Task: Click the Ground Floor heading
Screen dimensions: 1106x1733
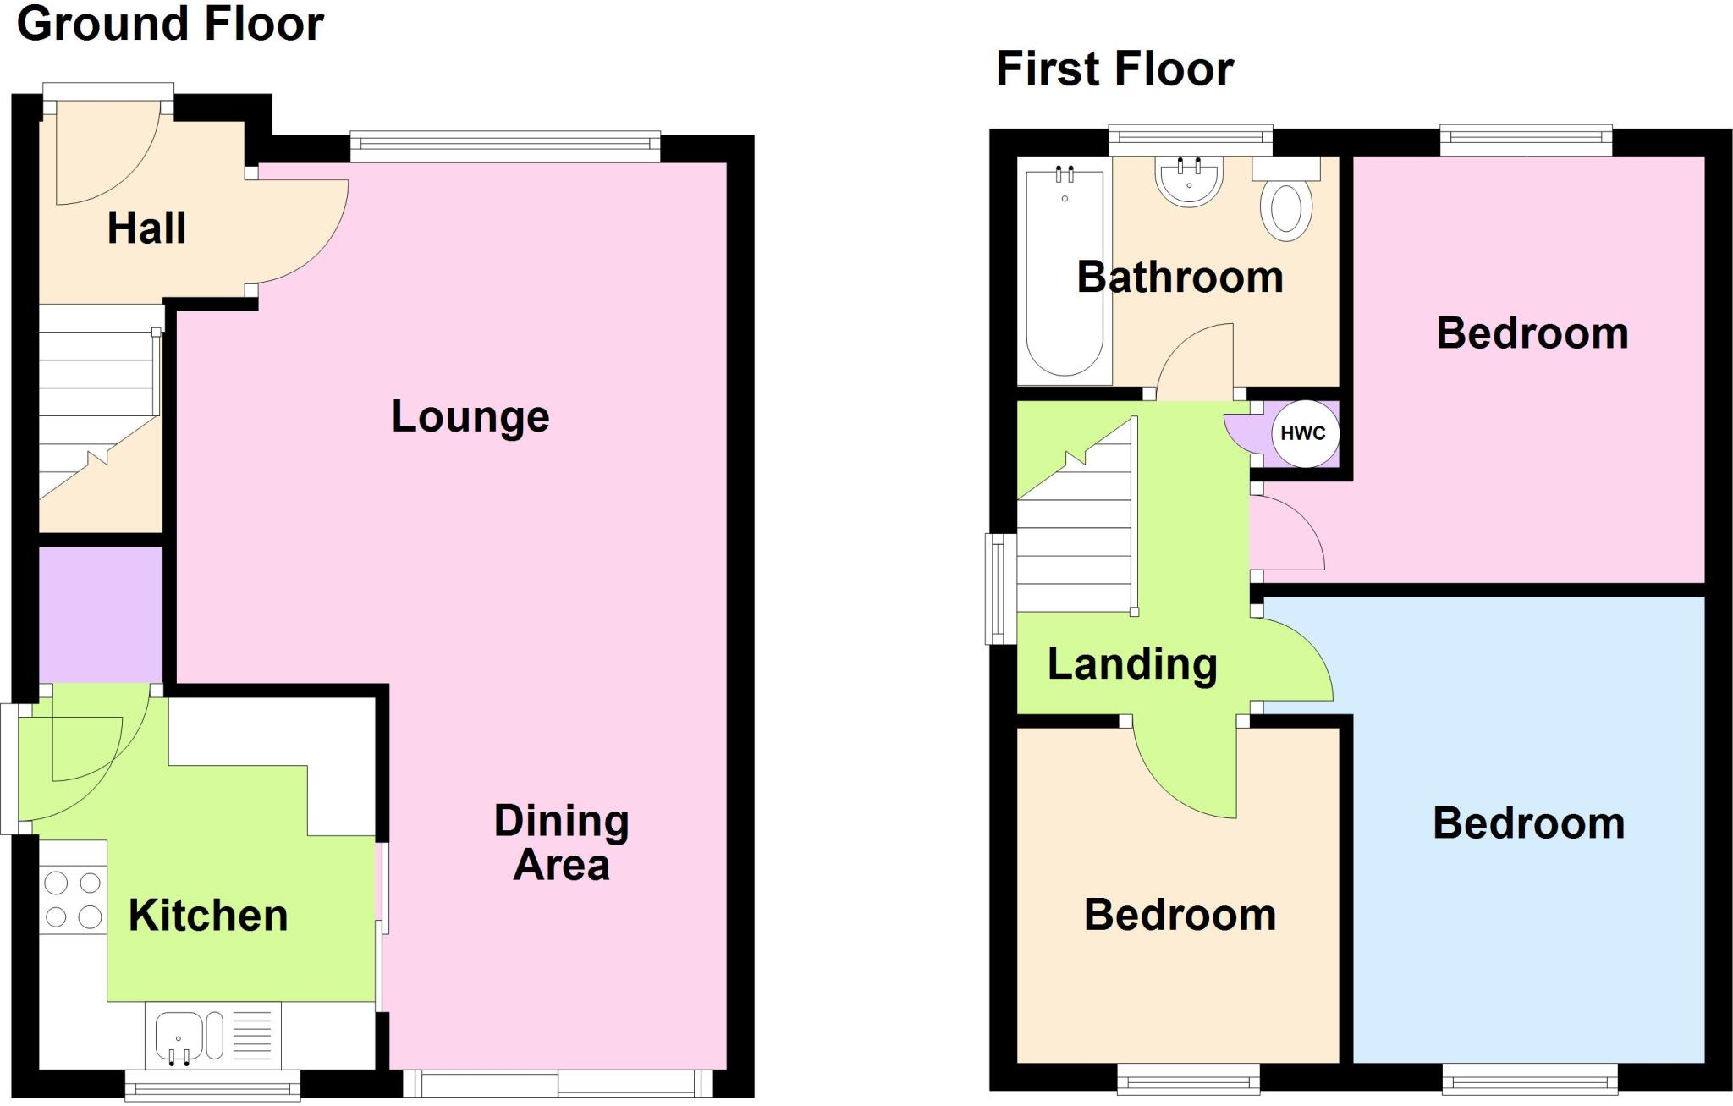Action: [x=170, y=24]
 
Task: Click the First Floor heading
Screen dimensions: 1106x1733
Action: [x=1114, y=69]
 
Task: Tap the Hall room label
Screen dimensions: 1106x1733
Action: [x=146, y=228]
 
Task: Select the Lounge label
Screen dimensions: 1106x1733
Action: [x=470, y=416]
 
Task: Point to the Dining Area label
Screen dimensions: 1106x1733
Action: [x=561, y=843]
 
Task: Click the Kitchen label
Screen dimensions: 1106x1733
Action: [x=208, y=916]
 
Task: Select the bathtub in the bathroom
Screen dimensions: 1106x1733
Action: [x=1065, y=271]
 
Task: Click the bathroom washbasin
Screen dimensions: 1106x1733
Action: [x=1189, y=182]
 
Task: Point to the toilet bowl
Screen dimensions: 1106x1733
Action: [x=1285, y=208]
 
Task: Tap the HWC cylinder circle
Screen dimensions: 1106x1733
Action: [x=1304, y=434]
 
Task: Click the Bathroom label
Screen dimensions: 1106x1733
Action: [x=1180, y=278]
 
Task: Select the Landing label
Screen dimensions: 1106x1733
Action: [x=1132, y=664]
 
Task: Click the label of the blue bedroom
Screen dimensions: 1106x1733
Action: [x=1528, y=823]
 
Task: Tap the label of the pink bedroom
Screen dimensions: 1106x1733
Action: [x=1532, y=333]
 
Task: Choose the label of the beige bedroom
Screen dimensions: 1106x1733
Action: [x=1180, y=916]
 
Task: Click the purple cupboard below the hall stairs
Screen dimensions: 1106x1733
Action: [x=101, y=614]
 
